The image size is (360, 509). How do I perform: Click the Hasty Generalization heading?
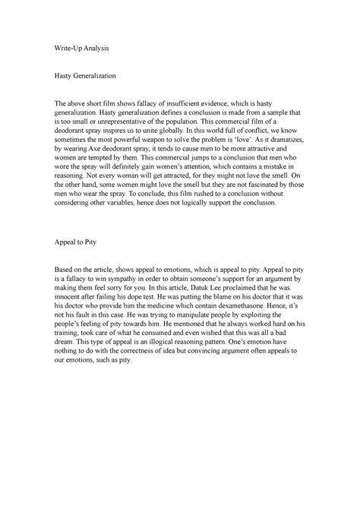tap(81, 77)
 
